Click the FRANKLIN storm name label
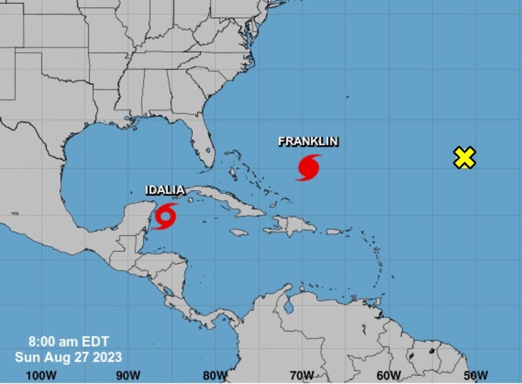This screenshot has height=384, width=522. tap(308, 141)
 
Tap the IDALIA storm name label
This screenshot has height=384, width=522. tap(165, 190)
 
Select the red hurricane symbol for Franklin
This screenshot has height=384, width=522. tap(309, 167)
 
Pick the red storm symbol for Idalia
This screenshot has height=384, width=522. tap(166, 216)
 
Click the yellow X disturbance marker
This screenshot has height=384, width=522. tap(464, 158)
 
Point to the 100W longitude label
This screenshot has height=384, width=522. tap(41, 375)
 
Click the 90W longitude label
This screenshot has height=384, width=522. tap(128, 375)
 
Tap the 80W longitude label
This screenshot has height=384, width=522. tap(215, 375)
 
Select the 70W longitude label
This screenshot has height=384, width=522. tap(302, 375)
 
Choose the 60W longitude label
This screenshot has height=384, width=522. tap(389, 375)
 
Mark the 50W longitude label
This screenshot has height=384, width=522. tap(476, 375)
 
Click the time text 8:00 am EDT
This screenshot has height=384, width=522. tap(69, 341)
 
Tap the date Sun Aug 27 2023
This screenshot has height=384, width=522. tap(68, 357)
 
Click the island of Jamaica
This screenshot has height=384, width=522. tap(239, 232)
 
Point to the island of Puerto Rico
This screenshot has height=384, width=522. tap(334, 232)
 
